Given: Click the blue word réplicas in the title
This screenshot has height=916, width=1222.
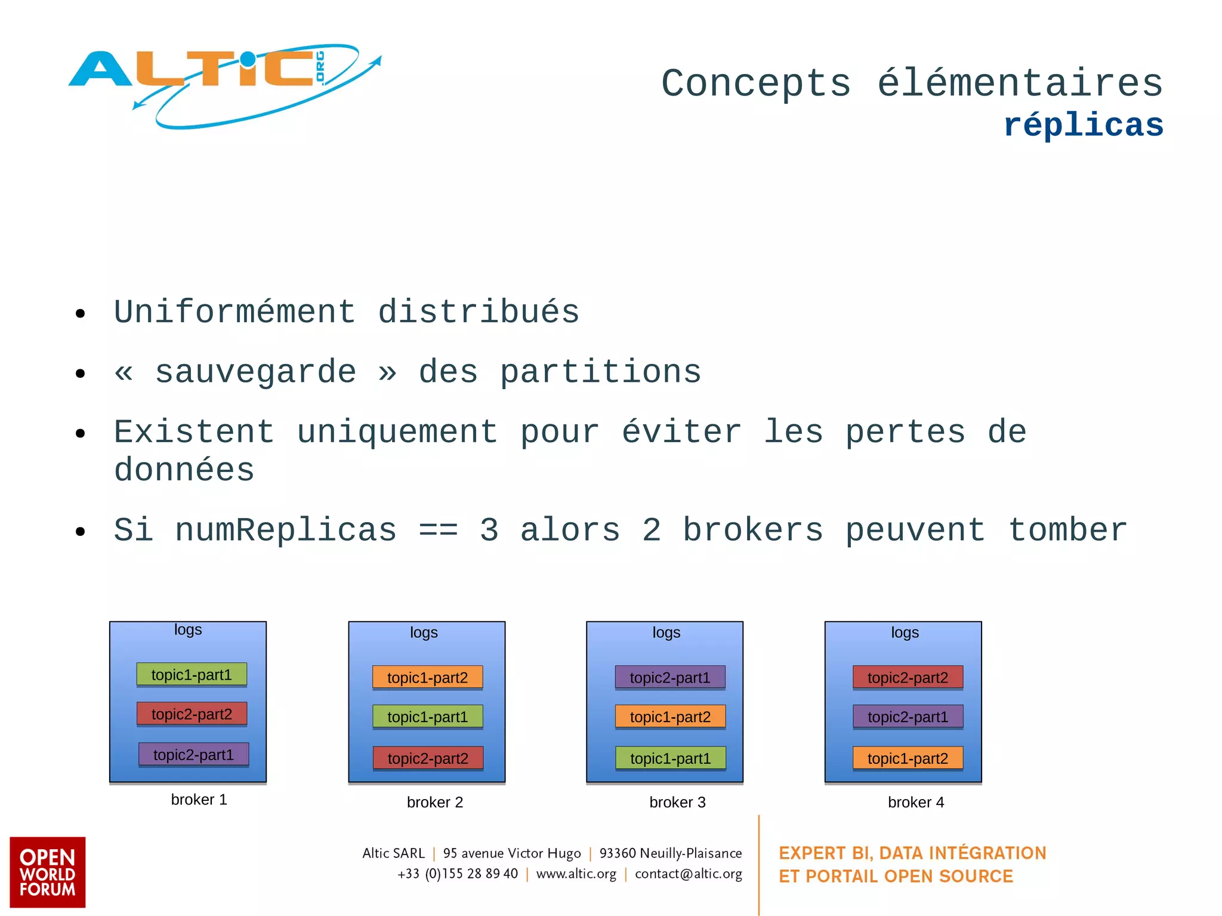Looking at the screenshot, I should [x=1083, y=125].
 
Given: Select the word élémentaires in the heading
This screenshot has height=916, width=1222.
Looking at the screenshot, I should [x=1020, y=83].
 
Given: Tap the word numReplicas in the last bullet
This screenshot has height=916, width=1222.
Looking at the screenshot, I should [x=286, y=530].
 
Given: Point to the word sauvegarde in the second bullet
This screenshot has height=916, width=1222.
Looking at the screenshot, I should [x=256, y=372].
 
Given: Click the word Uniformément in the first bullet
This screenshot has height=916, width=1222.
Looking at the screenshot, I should [x=234, y=311].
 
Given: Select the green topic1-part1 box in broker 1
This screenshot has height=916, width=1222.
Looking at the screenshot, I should [x=192, y=674].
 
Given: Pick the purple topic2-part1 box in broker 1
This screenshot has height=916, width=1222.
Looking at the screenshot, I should [x=193, y=754].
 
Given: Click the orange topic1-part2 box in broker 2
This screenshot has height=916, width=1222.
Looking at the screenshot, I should [x=427, y=677].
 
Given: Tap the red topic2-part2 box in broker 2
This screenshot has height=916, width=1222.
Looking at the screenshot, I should [x=427, y=758].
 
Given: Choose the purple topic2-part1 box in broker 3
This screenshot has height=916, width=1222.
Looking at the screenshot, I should [x=670, y=677].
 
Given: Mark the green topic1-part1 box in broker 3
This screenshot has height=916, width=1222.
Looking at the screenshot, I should [x=670, y=758].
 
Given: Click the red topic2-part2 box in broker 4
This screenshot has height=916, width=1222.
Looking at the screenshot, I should [x=908, y=677].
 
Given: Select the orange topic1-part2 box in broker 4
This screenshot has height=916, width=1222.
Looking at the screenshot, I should [x=908, y=758].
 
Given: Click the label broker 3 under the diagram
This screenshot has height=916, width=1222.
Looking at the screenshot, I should [x=677, y=802].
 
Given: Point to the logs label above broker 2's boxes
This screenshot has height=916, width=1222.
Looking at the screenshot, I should [x=424, y=633].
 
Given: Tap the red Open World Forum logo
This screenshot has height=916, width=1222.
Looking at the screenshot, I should [x=48, y=872].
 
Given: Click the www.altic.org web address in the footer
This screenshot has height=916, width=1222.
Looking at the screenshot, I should [x=576, y=874].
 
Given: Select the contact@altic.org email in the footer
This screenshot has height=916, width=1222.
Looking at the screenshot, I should [x=688, y=874].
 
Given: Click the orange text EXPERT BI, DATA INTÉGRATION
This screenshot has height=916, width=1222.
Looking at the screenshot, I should [x=912, y=853].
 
